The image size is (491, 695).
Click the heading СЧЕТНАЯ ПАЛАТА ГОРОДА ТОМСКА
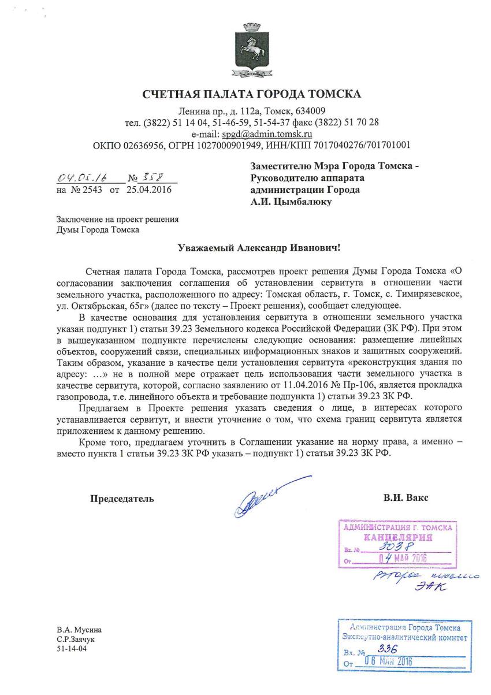point(252,95)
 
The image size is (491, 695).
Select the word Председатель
point(122,498)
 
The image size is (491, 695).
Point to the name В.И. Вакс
point(405,497)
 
